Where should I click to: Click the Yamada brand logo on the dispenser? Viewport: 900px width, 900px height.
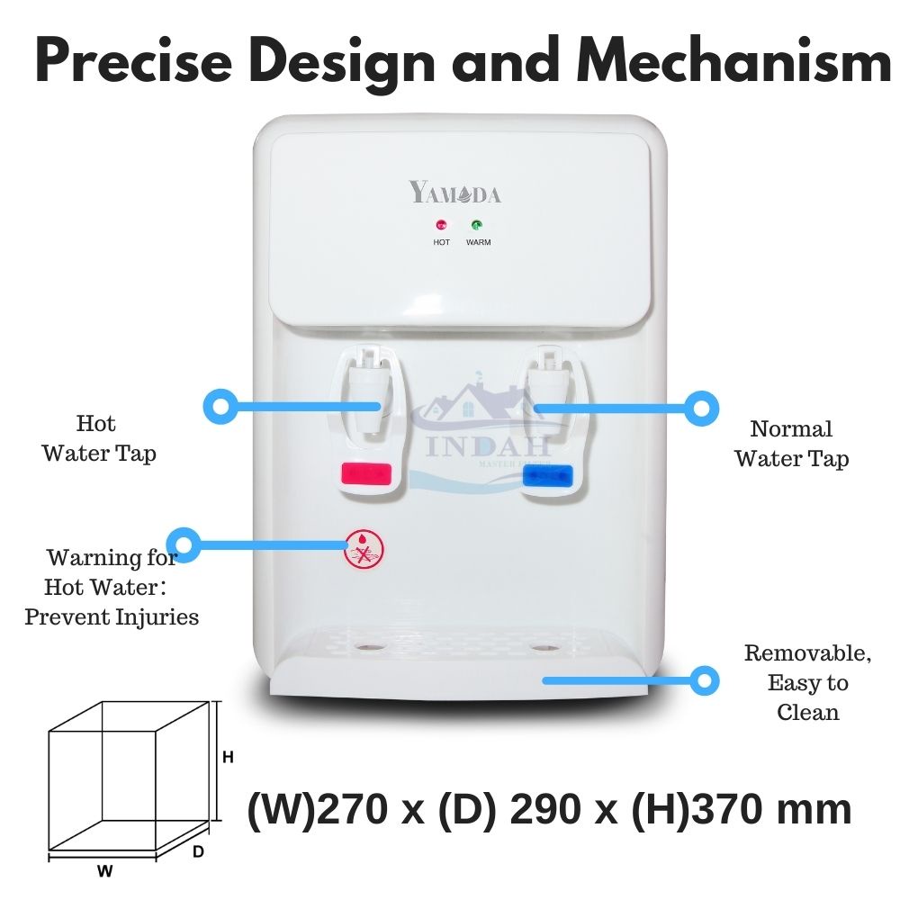coord(455,193)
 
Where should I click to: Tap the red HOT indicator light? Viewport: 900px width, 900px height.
coord(442,226)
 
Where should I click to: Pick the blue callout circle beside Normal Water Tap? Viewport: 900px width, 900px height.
coord(701,409)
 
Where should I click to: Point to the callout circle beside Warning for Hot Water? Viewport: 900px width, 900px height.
coord(184,544)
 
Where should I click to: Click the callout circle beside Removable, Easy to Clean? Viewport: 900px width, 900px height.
coord(705,680)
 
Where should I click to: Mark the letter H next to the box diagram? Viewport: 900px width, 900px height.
coord(229,758)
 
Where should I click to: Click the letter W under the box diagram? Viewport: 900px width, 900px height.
coord(105,871)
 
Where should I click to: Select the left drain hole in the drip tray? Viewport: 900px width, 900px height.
coord(367,647)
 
